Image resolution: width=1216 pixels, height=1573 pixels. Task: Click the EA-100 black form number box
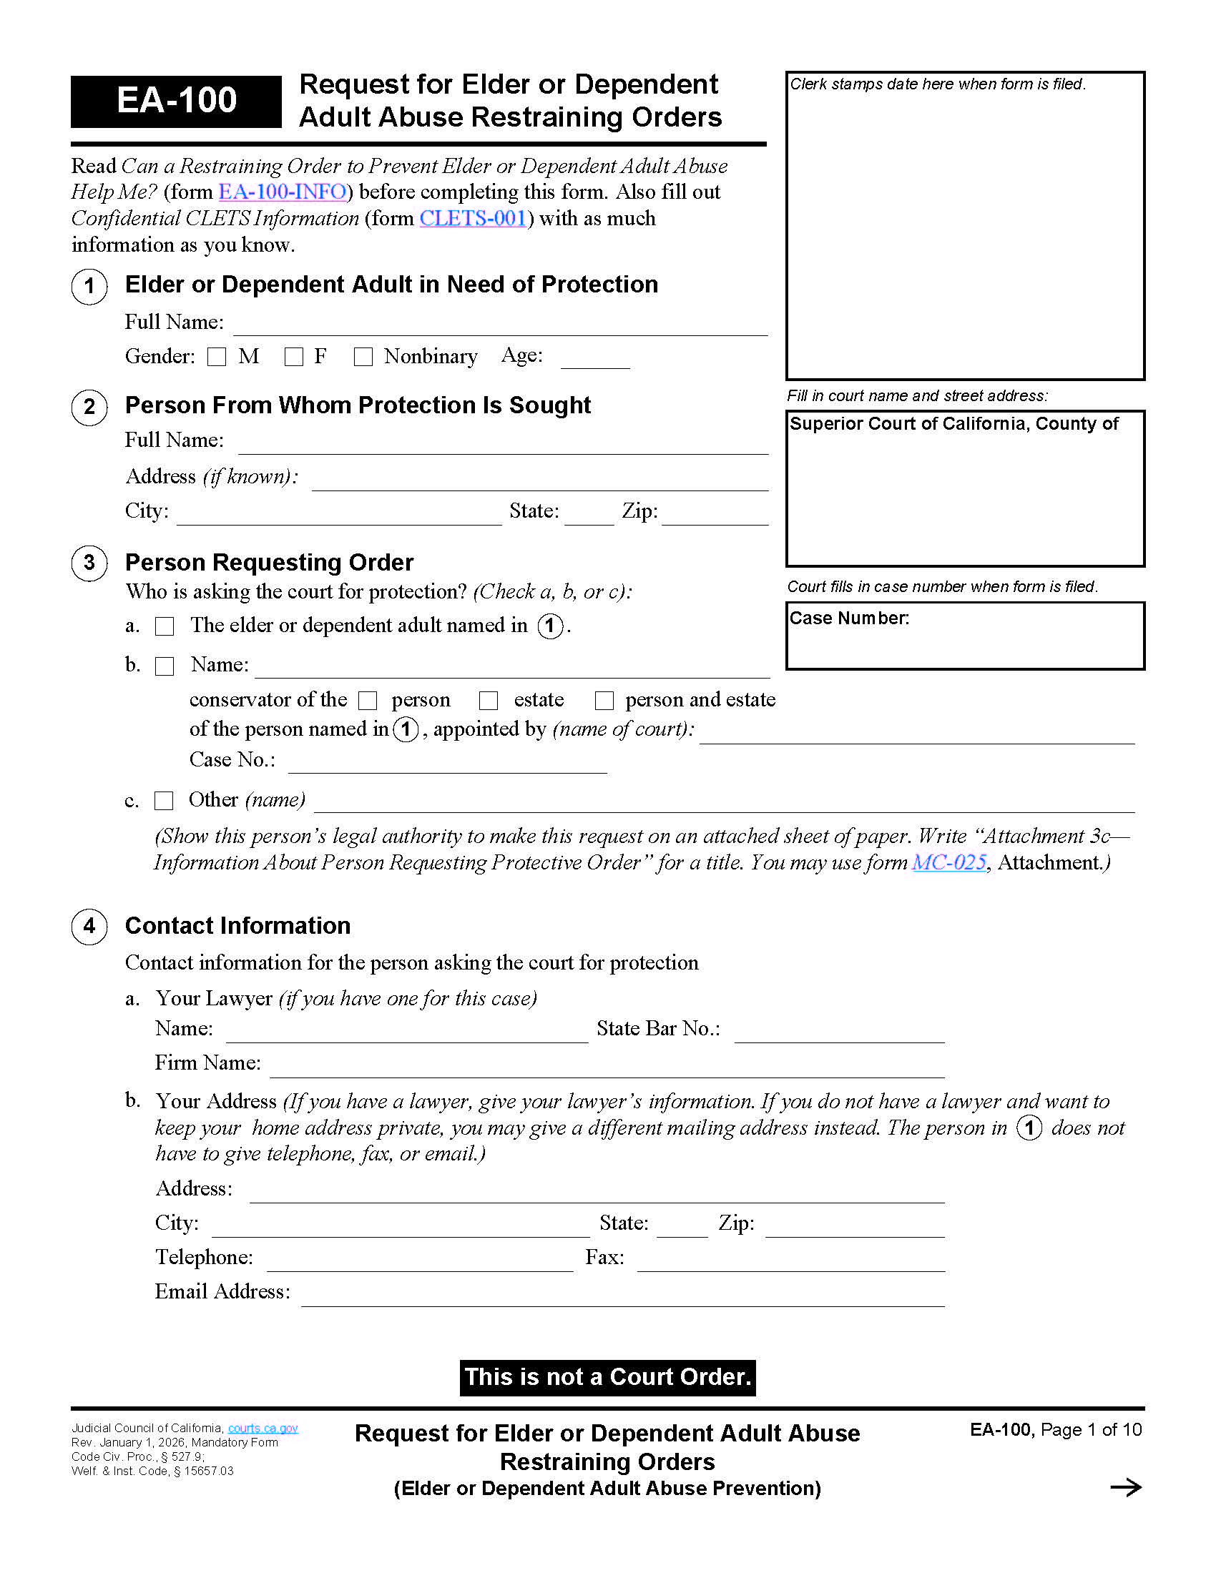tap(176, 101)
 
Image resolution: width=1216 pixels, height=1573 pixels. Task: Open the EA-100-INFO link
tap(283, 192)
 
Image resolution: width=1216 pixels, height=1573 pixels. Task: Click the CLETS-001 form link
tap(473, 218)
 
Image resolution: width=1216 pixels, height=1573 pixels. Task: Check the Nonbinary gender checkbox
tap(363, 357)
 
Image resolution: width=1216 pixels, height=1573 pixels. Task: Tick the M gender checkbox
tap(217, 357)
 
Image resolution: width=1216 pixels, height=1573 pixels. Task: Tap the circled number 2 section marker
tap(89, 407)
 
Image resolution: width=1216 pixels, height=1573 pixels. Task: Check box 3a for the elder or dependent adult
tap(165, 626)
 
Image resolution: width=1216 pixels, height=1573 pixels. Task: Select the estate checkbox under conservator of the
tap(489, 701)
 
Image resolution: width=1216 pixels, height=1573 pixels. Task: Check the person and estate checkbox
tap(604, 701)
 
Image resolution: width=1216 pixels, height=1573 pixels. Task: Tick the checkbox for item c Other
tap(165, 801)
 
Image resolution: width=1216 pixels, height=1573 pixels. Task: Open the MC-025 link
tap(948, 863)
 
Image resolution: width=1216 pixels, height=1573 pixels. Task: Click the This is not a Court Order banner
tap(607, 1377)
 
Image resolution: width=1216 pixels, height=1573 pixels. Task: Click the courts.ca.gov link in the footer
tap(263, 1429)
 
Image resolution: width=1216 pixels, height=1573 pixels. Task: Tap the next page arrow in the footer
tap(1125, 1487)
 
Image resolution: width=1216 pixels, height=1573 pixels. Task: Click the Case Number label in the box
tap(848, 618)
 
